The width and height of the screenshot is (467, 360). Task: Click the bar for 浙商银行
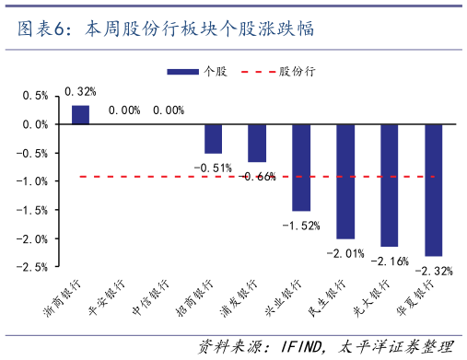pyautogui.click(x=80, y=114)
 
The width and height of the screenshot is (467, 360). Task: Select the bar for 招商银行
pyautogui.click(x=213, y=139)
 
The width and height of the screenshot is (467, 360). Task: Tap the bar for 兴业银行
pyautogui.click(x=301, y=168)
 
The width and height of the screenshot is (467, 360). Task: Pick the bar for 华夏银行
pyautogui.click(x=434, y=190)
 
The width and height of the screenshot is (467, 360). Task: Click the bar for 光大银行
pyautogui.click(x=390, y=185)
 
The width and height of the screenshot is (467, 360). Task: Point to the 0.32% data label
pyautogui.click(x=80, y=91)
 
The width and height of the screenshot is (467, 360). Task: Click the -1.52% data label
pyautogui.click(x=301, y=226)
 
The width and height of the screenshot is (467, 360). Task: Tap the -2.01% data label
pyautogui.click(x=345, y=252)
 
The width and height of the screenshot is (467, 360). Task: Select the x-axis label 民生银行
pyautogui.click(x=325, y=296)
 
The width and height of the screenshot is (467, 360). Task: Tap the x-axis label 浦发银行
pyautogui.click(x=238, y=296)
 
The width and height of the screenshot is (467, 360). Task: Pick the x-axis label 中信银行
pyautogui.click(x=150, y=296)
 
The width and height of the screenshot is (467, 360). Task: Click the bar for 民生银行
pyautogui.click(x=345, y=181)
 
